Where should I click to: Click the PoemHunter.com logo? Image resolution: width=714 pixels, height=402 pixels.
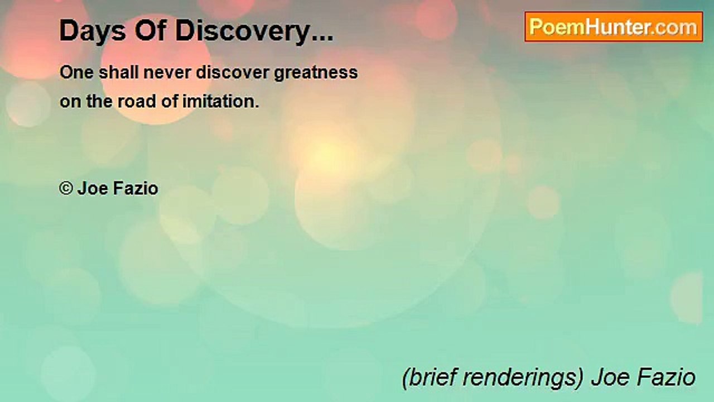tap(614, 27)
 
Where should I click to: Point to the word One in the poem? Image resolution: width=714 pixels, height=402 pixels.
tap(75, 73)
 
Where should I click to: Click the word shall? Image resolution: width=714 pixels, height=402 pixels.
tap(115, 73)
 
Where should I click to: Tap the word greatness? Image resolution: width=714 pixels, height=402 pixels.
tap(315, 73)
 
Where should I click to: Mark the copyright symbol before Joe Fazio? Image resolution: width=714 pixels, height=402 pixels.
tap(66, 189)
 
